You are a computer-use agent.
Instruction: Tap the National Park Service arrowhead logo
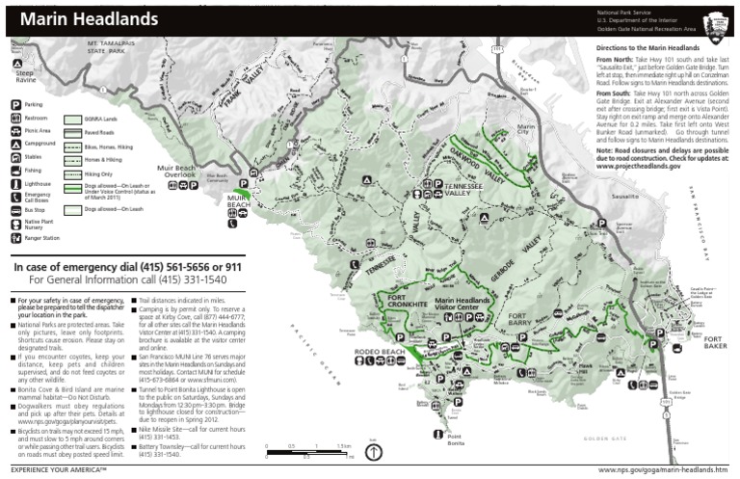pos(718,22)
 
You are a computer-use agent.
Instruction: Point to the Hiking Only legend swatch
pos(72,175)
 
